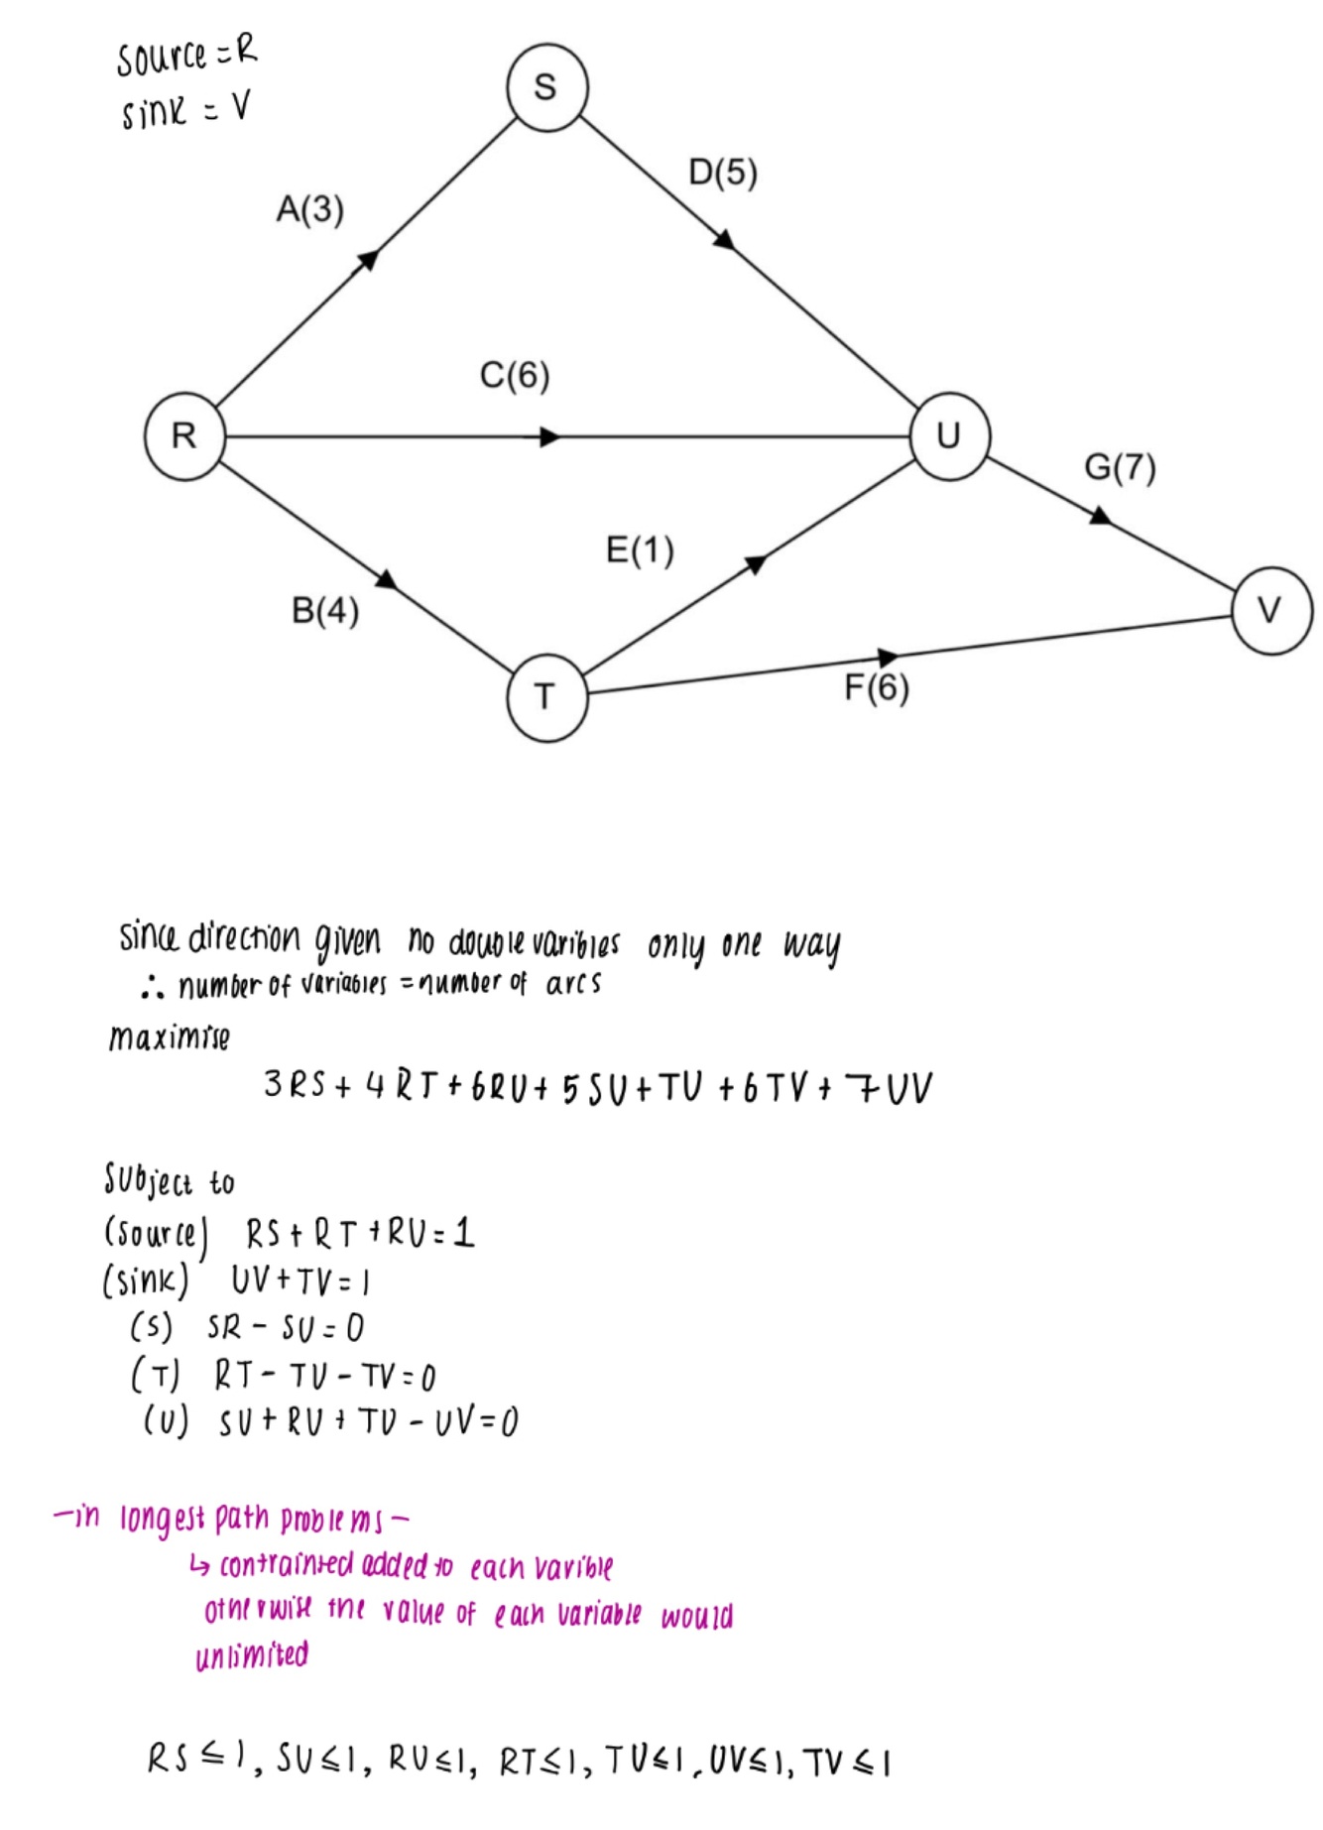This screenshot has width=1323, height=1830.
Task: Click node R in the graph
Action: (x=184, y=436)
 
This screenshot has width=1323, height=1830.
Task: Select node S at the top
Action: (x=546, y=87)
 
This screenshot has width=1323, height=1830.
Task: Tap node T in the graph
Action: (x=546, y=697)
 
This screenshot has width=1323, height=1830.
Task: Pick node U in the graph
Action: (x=949, y=436)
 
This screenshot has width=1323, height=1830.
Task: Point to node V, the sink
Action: (x=1271, y=610)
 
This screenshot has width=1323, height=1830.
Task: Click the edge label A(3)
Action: (x=310, y=210)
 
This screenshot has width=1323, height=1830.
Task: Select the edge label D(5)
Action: (x=723, y=173)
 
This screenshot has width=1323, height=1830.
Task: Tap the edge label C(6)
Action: (x=515, y=376)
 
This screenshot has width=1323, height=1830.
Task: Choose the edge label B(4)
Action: (x=325, y=611)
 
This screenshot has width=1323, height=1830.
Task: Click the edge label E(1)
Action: (x=640, y=549)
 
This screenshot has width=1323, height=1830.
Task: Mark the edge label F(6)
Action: (x=877, y=687)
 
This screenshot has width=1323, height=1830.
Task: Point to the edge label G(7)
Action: (x=1120, y=467)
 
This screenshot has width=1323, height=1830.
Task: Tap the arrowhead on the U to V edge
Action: (x=1100, y=516)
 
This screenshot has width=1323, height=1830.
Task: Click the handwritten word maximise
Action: (x=170, y=1038)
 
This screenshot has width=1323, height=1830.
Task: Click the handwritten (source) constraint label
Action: (x=156, y=1235)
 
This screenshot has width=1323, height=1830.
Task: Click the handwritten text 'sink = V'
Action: (x=185, y=110)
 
